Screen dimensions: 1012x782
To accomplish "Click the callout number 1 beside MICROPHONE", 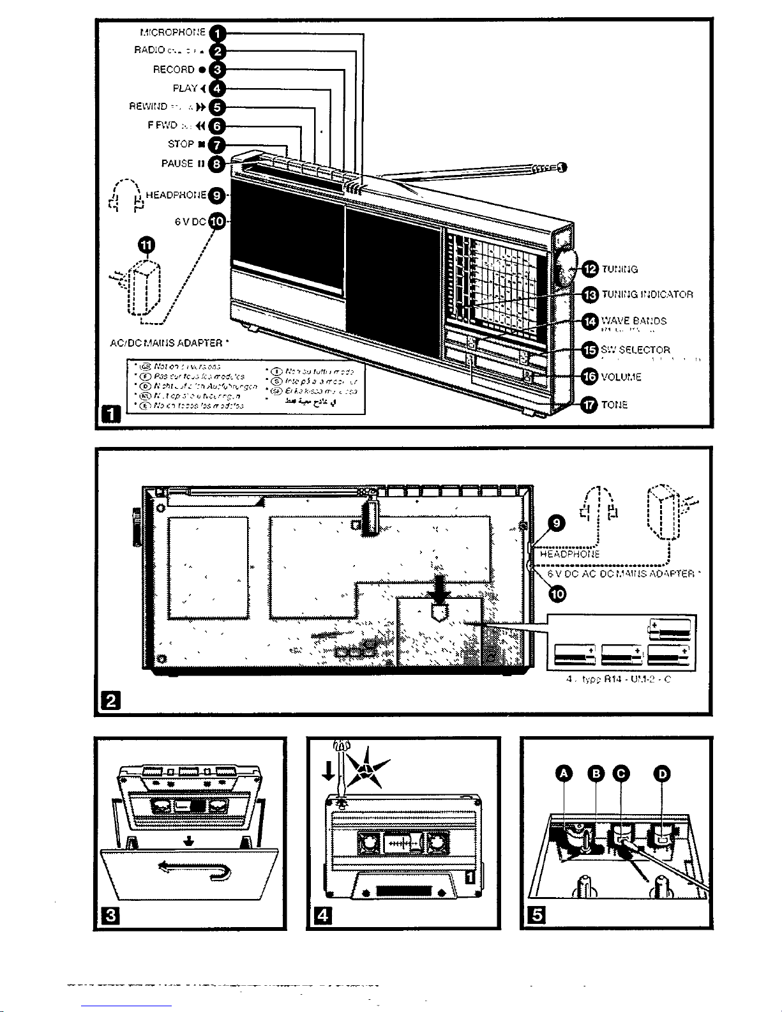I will pos(218,33).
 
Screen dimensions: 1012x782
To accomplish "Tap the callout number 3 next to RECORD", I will pos(218,70).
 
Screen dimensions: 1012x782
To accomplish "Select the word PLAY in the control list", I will pos(185,88).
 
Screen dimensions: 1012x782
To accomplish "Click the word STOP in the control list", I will pos(181,144).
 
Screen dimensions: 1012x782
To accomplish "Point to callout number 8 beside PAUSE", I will pos(218,164).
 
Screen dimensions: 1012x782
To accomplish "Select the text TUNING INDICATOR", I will pos(647,294).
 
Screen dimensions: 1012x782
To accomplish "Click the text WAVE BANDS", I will pos(634,321).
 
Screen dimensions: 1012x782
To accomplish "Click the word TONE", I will pos(615,405).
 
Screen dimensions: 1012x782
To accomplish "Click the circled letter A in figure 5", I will pos(564,774).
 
